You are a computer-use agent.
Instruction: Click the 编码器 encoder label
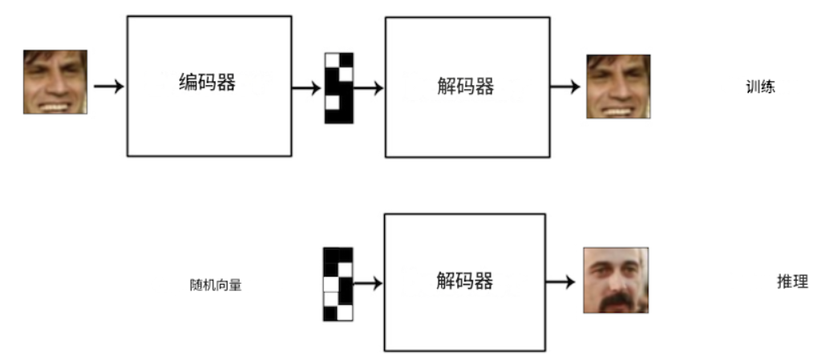[207, 82]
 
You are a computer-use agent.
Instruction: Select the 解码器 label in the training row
[466, 86]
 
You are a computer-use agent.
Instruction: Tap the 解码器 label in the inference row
[464, 281]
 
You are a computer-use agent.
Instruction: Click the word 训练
[760, 87]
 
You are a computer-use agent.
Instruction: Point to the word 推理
[792, 282]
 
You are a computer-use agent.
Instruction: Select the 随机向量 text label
[216, 285]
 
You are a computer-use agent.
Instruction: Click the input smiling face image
[55, 82]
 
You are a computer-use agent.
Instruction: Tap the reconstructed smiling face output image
[618, 87]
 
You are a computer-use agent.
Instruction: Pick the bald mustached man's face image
[616, 280]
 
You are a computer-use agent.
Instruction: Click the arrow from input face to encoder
[109, 86]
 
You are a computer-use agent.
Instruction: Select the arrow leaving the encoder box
[306, 88]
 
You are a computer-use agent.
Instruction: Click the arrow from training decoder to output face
[565, 87]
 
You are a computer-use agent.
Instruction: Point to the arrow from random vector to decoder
[367, 283]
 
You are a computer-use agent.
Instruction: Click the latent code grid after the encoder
[338, 88]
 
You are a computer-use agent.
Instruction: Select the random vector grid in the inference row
[338, 285]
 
